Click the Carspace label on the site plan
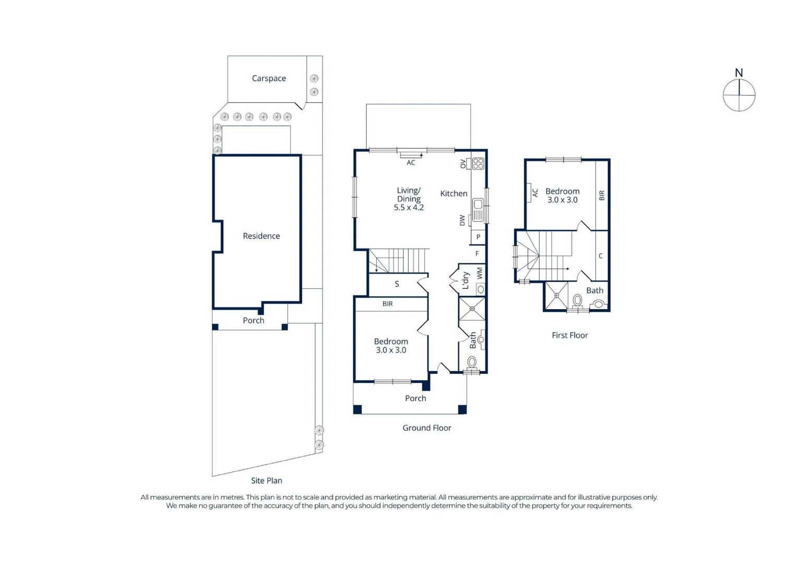(x=269, y=78)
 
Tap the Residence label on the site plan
(x=261, y=236)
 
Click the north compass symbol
(x=739, y=95)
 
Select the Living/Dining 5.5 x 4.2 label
(x=409, y=199)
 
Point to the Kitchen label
(x=454, y=194)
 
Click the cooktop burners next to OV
(x=478, y=164)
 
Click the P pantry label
(x=478, y=237)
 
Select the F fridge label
(x=477, y=254)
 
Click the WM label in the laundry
(x=480, y=273)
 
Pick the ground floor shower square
(x=472, y=309)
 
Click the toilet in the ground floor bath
(x=472, y=362)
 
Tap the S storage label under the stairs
(x=397, y=284)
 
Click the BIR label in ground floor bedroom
(x=387, y=304)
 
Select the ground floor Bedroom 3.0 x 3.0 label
(x=391, y=346)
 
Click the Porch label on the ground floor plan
(x=415, y=398)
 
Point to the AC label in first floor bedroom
(x=535, y=193)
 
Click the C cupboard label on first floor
(x=601, y=256)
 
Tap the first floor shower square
(x=556, y=296)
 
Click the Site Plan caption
(x=266, y=480)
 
